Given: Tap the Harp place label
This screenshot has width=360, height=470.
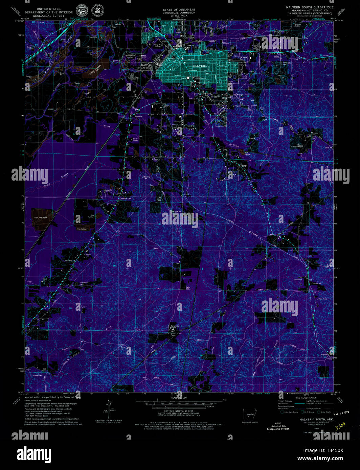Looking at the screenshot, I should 244,166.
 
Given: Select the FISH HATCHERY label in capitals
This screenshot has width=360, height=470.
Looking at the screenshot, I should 41,218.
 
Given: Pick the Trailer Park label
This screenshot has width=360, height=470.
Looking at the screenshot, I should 188,288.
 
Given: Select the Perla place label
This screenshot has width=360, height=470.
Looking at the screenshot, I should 276,57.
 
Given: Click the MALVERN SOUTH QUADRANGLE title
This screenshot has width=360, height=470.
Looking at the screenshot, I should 310,7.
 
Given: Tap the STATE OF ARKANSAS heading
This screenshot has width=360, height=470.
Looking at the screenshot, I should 179,10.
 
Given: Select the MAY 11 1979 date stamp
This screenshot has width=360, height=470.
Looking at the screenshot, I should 341,414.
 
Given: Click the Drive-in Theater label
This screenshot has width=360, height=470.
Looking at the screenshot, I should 136,139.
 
